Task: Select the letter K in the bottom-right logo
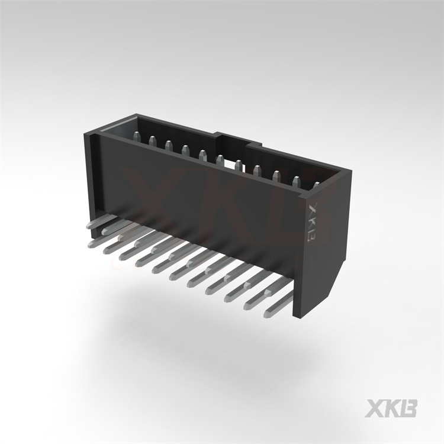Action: (391, 408)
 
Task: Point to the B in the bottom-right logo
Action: (408, 408)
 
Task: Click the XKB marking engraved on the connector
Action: (313, 223)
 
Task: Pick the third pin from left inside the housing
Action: (169, 146)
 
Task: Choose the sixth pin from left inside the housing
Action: (220, 159)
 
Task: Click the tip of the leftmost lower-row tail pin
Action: (91, 243)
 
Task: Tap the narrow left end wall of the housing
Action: (90, 172)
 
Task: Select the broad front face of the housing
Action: (201, 201)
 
